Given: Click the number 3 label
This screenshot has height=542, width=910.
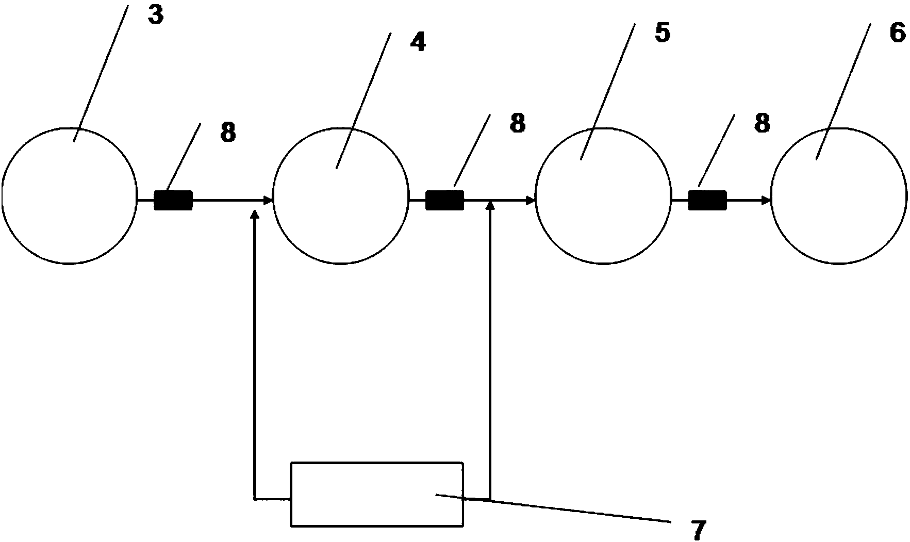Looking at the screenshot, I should [x=155, y=15].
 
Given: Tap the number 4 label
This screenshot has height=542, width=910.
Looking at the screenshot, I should [x=418, y=43].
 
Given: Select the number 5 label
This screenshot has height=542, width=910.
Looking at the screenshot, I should [x=662, y=33].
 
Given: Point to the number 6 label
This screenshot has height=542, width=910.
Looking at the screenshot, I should [x=897, y=34].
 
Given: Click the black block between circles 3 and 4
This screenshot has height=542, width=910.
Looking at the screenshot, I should [x=173, y=200].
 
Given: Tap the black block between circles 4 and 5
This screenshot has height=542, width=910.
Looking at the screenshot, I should [x=444, y=200].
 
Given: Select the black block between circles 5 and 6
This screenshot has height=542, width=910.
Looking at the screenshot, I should [x=707, y=200].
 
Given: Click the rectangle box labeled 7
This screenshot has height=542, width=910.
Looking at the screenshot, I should [x=377, y=494].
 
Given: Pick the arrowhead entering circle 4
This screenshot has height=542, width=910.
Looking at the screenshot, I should [x=268, y=200].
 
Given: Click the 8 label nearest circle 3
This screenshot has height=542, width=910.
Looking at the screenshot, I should [x=228, y=133].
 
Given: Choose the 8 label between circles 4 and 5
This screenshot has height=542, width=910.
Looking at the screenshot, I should [x=517, y=124].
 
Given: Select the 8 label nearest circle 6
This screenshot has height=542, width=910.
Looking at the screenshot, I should [x=762, y=124].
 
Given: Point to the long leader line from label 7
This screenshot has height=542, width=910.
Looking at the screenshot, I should [x=557, y=508].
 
